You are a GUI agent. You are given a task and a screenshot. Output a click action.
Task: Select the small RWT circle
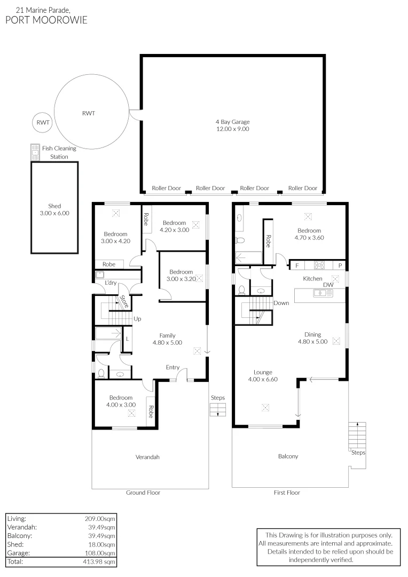tap(43, 123)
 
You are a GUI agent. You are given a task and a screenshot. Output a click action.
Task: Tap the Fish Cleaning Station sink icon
tap(35, 153)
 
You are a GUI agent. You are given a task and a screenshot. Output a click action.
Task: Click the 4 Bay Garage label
tap(232, 126)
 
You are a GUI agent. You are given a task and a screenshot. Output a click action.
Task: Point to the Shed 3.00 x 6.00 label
tap(54, 209)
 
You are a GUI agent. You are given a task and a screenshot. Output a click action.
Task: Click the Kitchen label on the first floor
tap(312, 279)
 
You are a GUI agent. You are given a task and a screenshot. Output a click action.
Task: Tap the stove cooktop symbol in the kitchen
tap(320, 264)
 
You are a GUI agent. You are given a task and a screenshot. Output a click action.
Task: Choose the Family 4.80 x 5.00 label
tap(168, 339)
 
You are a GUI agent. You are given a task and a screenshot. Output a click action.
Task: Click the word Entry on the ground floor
tap(172, 367)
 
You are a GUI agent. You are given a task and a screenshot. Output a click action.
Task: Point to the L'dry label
tap(111, 283)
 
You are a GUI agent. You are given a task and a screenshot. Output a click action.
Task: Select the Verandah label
tap(148, 457)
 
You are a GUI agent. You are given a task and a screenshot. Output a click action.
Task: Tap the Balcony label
tap(288, 456)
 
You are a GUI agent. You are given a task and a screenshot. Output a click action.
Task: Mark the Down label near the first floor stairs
tap(281, 303)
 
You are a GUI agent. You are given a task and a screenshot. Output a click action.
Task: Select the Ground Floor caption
tap(143, 493)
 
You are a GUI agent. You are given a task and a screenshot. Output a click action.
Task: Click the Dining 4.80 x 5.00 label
tap(312, 338)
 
